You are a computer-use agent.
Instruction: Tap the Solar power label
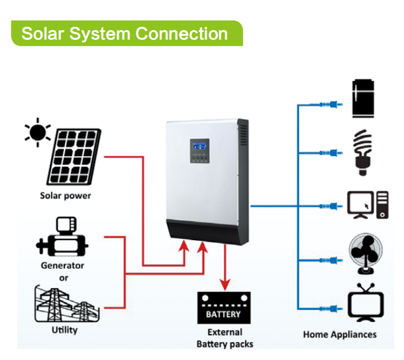click(x=65, y=196)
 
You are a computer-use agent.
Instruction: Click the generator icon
click(x=62, y=238)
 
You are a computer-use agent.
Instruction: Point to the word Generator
click(x=62, y=265)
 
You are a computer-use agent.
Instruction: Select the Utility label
click(x=64, y=330)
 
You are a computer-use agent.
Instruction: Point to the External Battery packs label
click(x=224, y=338)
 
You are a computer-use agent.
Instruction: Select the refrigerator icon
click(x=363, y=99)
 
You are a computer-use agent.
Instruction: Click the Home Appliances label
click(x=340, y=334)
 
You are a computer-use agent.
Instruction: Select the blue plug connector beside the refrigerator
click(x=329, y=105)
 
